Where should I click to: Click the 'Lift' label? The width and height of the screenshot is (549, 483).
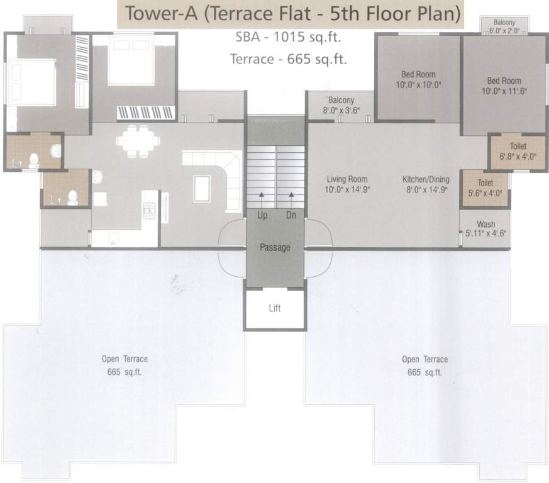[x=275, y=308]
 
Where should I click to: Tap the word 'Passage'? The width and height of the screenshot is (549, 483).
[x=275, y=248]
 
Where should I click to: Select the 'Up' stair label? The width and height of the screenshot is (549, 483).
[x=262, y=215]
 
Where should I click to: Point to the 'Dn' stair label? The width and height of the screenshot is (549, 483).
[x=291, y=215]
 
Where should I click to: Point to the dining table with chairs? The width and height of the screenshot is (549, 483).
[x=132, y=142]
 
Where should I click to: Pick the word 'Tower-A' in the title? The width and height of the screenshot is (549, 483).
[x=160, y=13]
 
